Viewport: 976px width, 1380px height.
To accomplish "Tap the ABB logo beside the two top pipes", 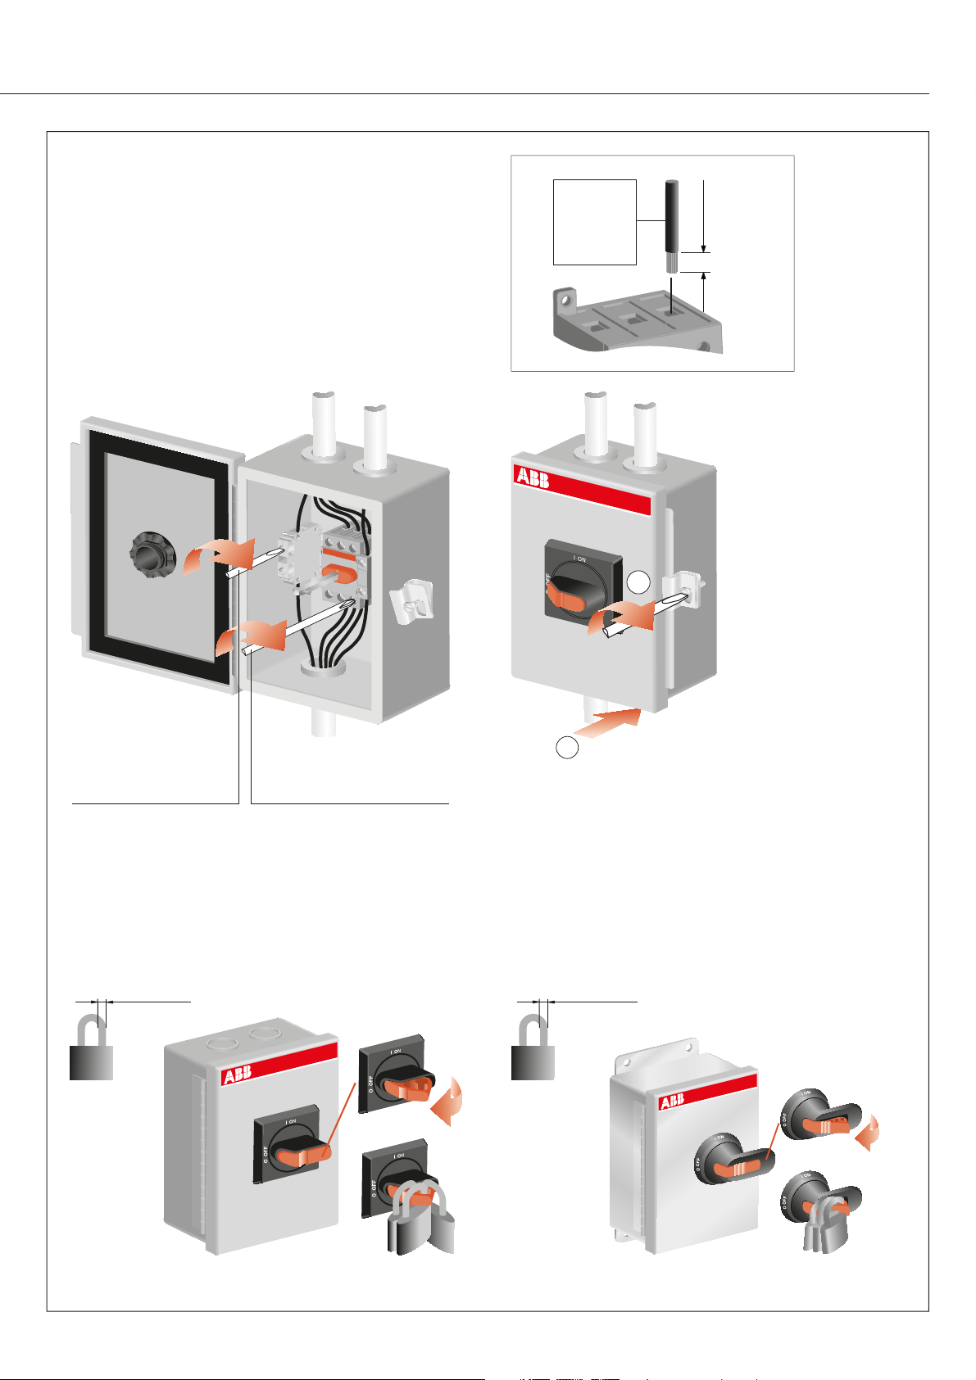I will (x=533, y=477).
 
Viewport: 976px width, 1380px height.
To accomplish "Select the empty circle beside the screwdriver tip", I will (x=639, y=582).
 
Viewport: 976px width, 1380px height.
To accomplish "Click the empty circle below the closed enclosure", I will (x=566, y=747).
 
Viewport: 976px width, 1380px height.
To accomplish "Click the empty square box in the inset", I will (x=595, y=222).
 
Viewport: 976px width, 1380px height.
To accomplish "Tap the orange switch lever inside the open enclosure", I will (x=338, y=572).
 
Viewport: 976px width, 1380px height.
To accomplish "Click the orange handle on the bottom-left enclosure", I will (x=304, y=1155).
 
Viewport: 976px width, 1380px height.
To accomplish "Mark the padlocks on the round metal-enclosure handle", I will (x=823, y=1227).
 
